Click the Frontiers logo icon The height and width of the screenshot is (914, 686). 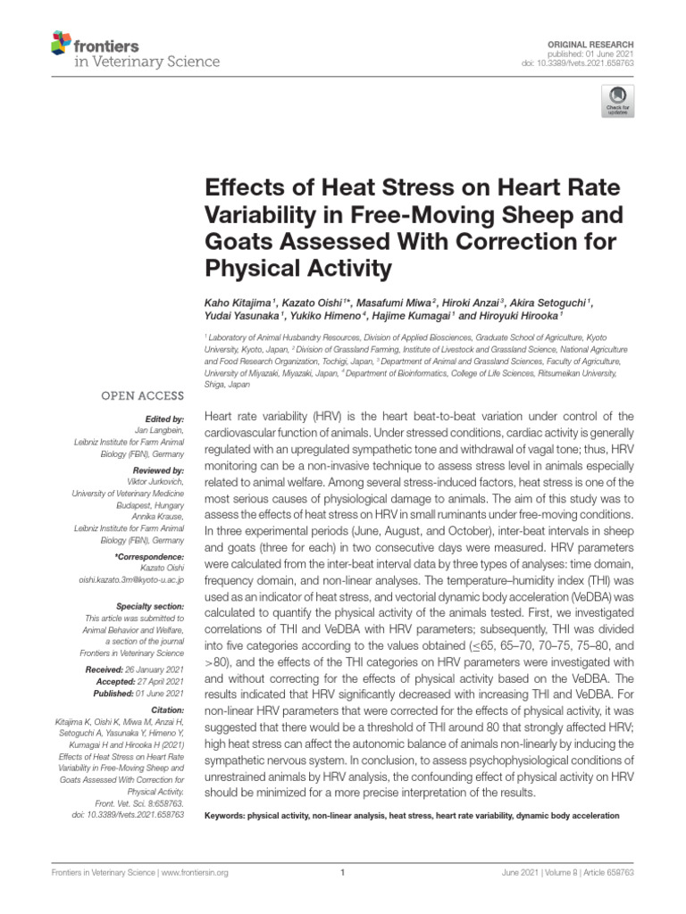pyautogui.click(x=61, y=42)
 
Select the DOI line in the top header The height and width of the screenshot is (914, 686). pyautogui.click(x=589, y=63)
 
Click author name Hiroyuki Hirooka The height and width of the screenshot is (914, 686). pyautogui.click(x=519, y=316)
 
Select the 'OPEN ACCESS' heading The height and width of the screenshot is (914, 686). pyautogui.click(x=144, y=395)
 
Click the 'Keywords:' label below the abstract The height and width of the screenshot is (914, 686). pyautogui.click(x=225, y=816)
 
